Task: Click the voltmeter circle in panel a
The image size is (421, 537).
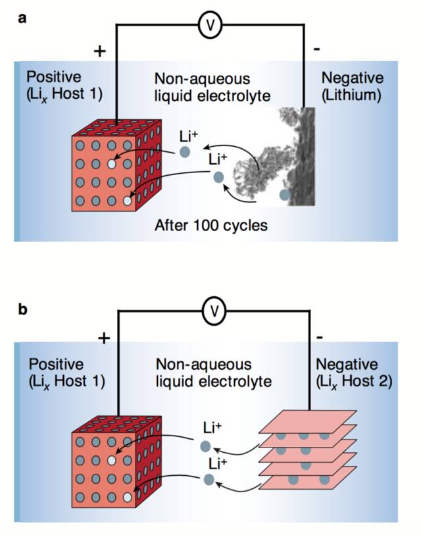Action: coord(210,24)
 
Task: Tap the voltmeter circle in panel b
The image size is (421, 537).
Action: coord(214,311)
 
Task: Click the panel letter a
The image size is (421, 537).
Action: coord(22,18)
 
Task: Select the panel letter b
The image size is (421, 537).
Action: coord(22,309)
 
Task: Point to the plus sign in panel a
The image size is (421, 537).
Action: coord(100,51)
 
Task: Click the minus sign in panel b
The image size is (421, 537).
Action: coord(319,338)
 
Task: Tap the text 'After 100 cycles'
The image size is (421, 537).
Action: coord(211,225)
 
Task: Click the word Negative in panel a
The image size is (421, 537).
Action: coord(352,78)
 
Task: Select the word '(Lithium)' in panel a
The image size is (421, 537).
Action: coord(351,95)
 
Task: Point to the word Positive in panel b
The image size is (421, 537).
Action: coord(56,364)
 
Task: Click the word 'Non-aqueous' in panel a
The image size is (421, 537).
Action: coord(203,79)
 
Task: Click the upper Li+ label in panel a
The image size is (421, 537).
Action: coord(189,137)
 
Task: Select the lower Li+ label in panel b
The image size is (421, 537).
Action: coord(217,464)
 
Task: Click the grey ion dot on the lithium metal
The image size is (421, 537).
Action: coord(285,195)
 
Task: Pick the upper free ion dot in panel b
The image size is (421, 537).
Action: coord(205,447)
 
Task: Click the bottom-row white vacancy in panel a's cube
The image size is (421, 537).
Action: coord(128,201)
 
